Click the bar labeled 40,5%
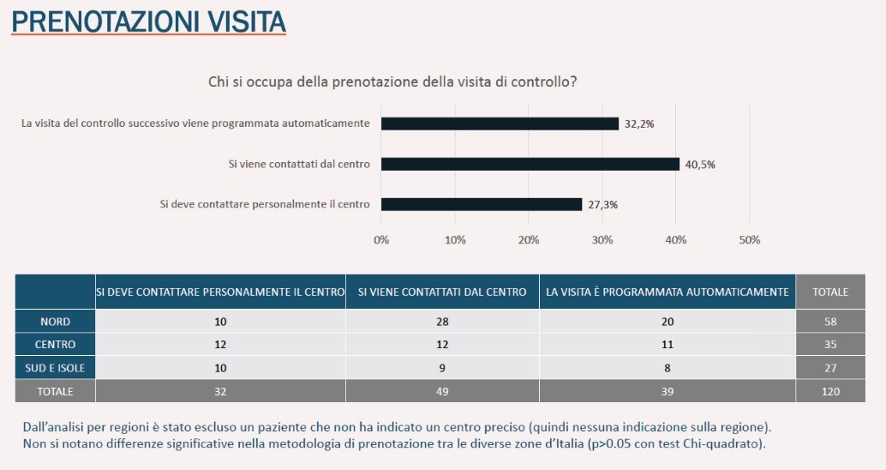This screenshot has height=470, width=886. click(530, 164)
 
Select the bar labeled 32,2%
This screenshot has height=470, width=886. click(500, 124)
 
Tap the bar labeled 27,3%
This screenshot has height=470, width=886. click(482, 204)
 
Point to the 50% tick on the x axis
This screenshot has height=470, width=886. click(749, 240)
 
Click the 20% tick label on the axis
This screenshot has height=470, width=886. click(529, 240)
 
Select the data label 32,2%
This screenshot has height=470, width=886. click(639, 124)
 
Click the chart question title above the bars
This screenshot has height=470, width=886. click(392, 82)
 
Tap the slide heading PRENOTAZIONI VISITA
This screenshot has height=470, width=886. click(148, 21)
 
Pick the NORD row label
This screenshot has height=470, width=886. click(56, 322)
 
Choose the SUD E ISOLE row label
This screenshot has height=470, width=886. click(56, 367)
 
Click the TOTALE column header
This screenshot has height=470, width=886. click(829, 292)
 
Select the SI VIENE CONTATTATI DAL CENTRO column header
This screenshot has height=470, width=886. click(442, 292)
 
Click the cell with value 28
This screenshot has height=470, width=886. click(442, 322)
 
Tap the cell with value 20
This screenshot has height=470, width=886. click(667, 322)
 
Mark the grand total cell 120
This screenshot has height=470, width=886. click(829, 391)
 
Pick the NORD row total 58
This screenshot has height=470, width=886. click(829, 322)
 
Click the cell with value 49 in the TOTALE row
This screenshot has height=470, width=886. click(442, 391)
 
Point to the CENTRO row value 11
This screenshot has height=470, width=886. click(667, 344)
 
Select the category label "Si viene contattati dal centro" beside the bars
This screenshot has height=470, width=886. click(299, 164)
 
